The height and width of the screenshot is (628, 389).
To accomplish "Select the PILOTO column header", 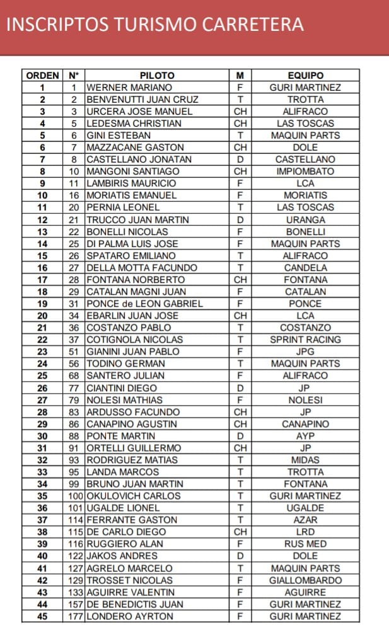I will [157, 76].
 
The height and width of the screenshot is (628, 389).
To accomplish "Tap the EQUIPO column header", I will [305, 76].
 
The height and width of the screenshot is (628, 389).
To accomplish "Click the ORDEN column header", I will [43, 76].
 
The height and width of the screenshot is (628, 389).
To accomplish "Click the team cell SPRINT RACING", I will [305, 340].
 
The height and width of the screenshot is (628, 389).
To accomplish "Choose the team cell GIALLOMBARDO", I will [305, 580].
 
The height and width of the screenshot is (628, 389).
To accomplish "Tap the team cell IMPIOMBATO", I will [305, 171].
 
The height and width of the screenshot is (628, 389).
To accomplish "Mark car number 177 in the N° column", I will [76, 616].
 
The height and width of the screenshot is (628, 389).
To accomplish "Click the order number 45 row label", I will [43, 616].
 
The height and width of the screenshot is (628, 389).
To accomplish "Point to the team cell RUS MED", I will [305, 544].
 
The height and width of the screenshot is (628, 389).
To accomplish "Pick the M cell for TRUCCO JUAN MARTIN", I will [240, 220].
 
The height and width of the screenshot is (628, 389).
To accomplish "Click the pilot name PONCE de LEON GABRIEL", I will [144, 304].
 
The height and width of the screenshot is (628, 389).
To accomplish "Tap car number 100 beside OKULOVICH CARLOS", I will [76, 496].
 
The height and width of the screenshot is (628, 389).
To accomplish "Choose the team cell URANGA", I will [305, 220].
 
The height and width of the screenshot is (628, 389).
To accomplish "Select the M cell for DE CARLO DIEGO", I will [240, 532].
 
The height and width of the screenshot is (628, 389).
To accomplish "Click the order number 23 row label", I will [43, 351].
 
